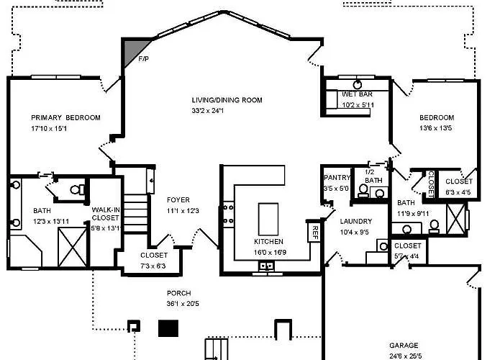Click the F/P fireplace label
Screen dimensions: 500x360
143,59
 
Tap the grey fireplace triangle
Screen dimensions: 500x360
132,50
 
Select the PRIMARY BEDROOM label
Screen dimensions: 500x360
65,117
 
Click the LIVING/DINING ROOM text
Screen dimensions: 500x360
227,100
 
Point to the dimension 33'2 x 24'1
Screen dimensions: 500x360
208,111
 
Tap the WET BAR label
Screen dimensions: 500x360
357,94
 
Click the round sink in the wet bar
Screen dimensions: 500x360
358,85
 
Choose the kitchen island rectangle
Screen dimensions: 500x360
268,219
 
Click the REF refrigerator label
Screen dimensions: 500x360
314,233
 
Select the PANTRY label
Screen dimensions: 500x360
337,177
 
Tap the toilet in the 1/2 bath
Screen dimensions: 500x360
363,191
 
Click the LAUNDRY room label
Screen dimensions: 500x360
356,221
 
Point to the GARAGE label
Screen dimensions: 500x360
404,346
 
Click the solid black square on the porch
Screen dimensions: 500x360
168,328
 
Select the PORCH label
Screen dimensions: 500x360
179,293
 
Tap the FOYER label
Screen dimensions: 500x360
178,199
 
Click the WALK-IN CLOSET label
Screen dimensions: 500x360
106,214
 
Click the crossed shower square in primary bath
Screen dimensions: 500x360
73,247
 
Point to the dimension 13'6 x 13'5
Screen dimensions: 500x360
435,128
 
